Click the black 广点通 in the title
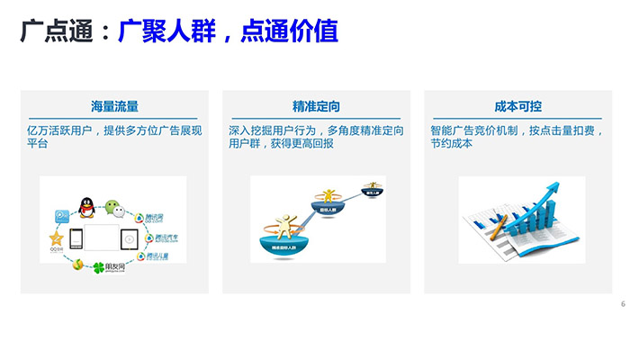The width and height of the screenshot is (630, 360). point(56,32)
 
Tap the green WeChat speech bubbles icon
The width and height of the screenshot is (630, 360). point(112,205)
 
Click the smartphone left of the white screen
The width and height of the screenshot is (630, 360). point(78,240)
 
